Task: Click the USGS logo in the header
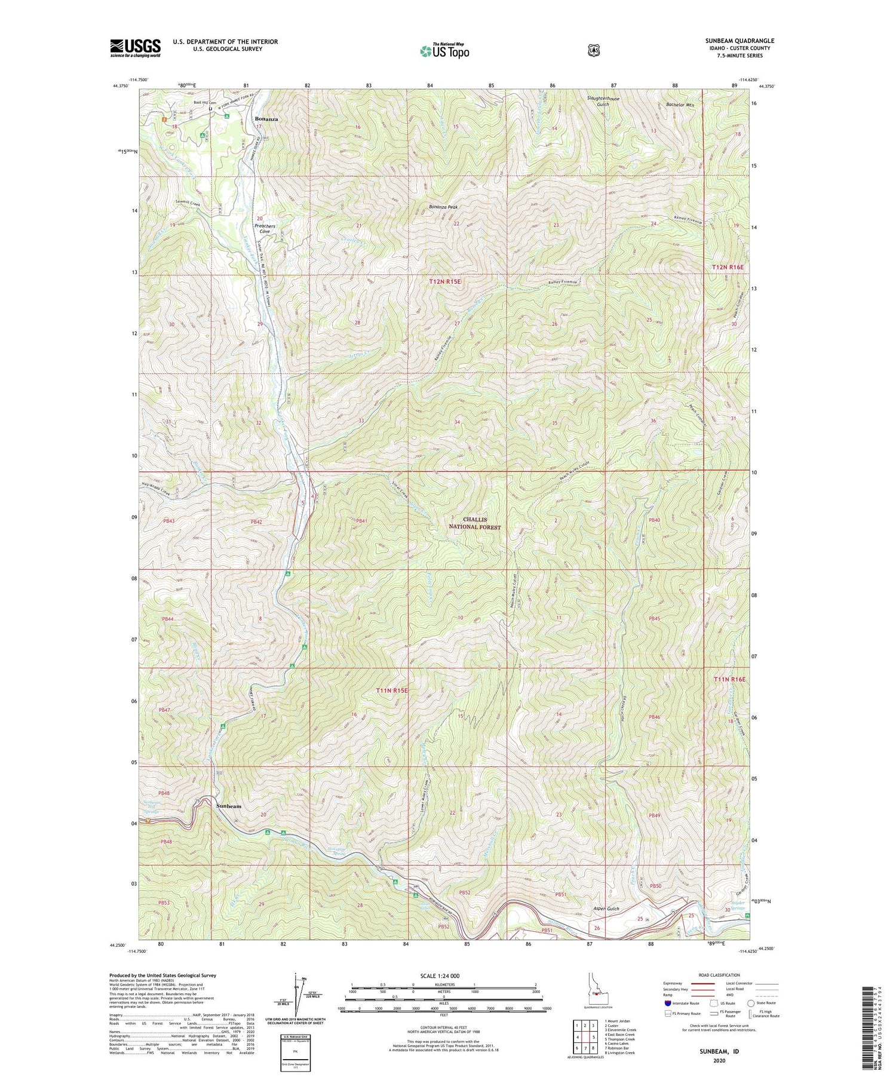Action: (135, 48)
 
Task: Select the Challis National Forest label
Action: (476, 523)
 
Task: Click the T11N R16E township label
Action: (729, 680)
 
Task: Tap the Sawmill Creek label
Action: (188, 203)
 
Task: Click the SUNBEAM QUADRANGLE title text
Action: (742, 41)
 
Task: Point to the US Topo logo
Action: (444, 50)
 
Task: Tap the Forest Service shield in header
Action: (593, 51)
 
